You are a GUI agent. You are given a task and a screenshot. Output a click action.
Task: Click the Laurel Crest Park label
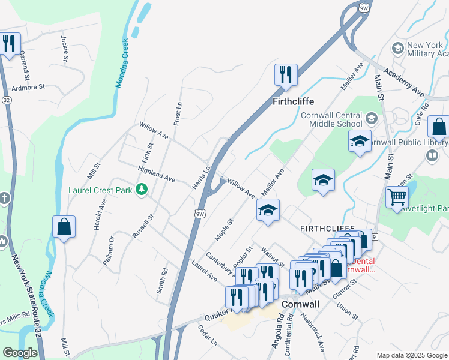100,191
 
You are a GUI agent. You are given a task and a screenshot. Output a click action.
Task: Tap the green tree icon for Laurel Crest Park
141,190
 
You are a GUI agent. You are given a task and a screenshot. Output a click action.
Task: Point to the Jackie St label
64,47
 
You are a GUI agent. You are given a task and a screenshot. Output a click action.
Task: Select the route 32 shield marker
7,100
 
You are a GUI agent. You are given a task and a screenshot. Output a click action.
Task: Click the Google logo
20,353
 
